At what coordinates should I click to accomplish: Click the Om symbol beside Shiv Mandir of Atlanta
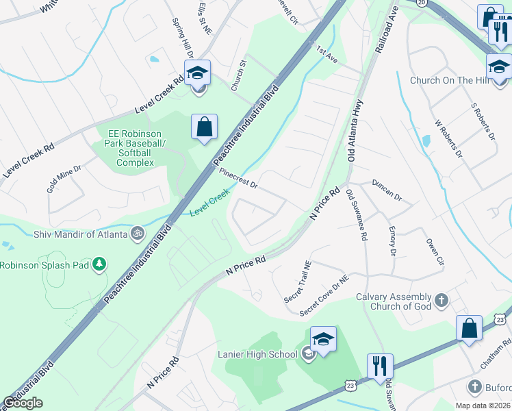click(138, 234)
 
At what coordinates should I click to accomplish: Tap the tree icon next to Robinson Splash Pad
click(100, 264)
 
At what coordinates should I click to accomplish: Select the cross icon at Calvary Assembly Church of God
click(441, 300)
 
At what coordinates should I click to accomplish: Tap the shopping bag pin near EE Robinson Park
click(204, 127)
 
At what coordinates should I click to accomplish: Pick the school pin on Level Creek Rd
click(197, 73)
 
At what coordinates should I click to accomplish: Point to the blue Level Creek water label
click(209, 204)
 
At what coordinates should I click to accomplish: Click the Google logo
click(23, 403)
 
